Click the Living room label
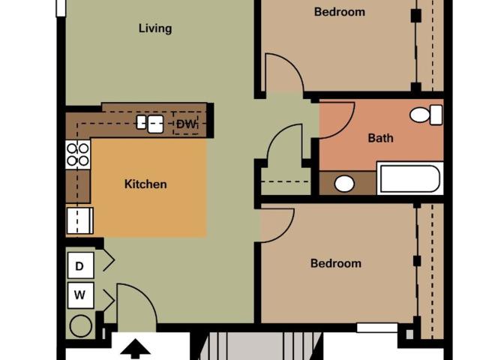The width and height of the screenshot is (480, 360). [155, 28]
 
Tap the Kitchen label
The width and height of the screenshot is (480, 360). [145, 184]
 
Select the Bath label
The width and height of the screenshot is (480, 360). [380, 138]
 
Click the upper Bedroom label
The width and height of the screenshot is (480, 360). [340, 12]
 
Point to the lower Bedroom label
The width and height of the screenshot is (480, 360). [336, 263]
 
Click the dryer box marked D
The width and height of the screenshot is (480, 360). [80, 265]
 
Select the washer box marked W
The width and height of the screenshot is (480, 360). [80, 295]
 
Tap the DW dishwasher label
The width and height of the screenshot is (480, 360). [186, 124]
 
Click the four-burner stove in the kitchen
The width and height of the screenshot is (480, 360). [78, 154]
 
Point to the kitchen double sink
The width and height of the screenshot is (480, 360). [150, 124]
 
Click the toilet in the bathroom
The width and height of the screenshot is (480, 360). [426, 115]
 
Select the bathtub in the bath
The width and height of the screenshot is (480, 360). [410, 178]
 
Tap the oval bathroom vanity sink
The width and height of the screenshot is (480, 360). [344, 184]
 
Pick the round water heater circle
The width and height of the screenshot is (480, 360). [80, 326]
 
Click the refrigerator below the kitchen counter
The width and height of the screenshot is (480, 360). [80, 220]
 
